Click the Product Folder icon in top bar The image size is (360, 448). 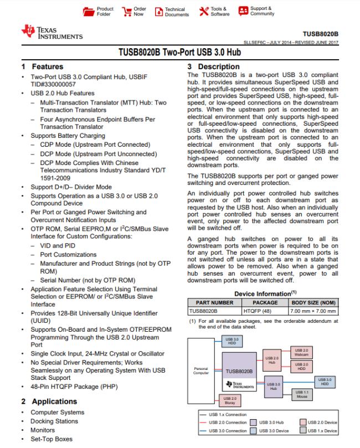tap(88, 11)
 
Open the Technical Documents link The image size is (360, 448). tap(159, 11)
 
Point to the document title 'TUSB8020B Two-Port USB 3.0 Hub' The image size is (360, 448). tap(179, 53)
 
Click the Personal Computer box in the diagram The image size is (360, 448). tap(201, 370)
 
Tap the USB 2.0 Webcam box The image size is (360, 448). tap(301, 352)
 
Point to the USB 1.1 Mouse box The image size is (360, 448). tap(301, 394)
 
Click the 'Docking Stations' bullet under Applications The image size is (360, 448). tap(54, 421)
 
